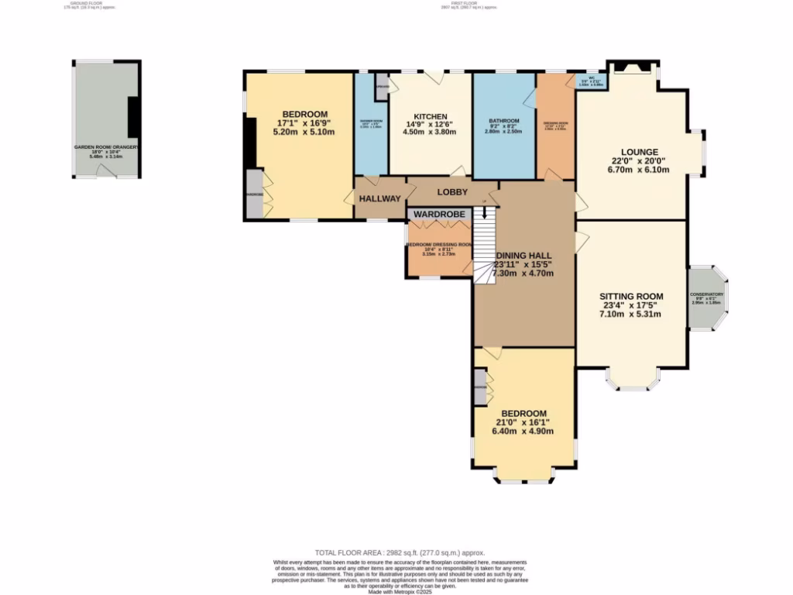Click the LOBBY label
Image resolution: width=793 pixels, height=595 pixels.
(453, 191)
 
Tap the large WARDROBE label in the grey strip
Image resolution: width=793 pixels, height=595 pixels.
(439, 213)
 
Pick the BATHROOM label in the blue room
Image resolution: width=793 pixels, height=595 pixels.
(504, 122)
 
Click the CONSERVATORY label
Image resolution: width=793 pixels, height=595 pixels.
(706, 294)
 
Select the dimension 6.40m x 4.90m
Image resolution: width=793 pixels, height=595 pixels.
(523, 432)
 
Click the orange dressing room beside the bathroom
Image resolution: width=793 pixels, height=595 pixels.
(555, 128)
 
